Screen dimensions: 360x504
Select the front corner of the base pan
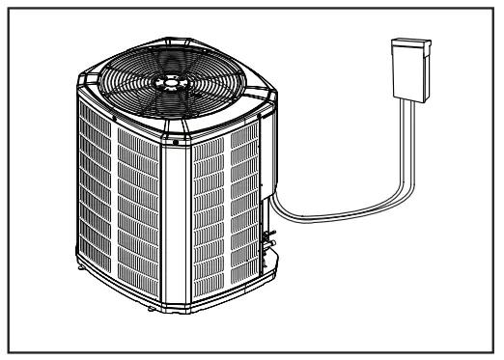coord(181,303)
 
